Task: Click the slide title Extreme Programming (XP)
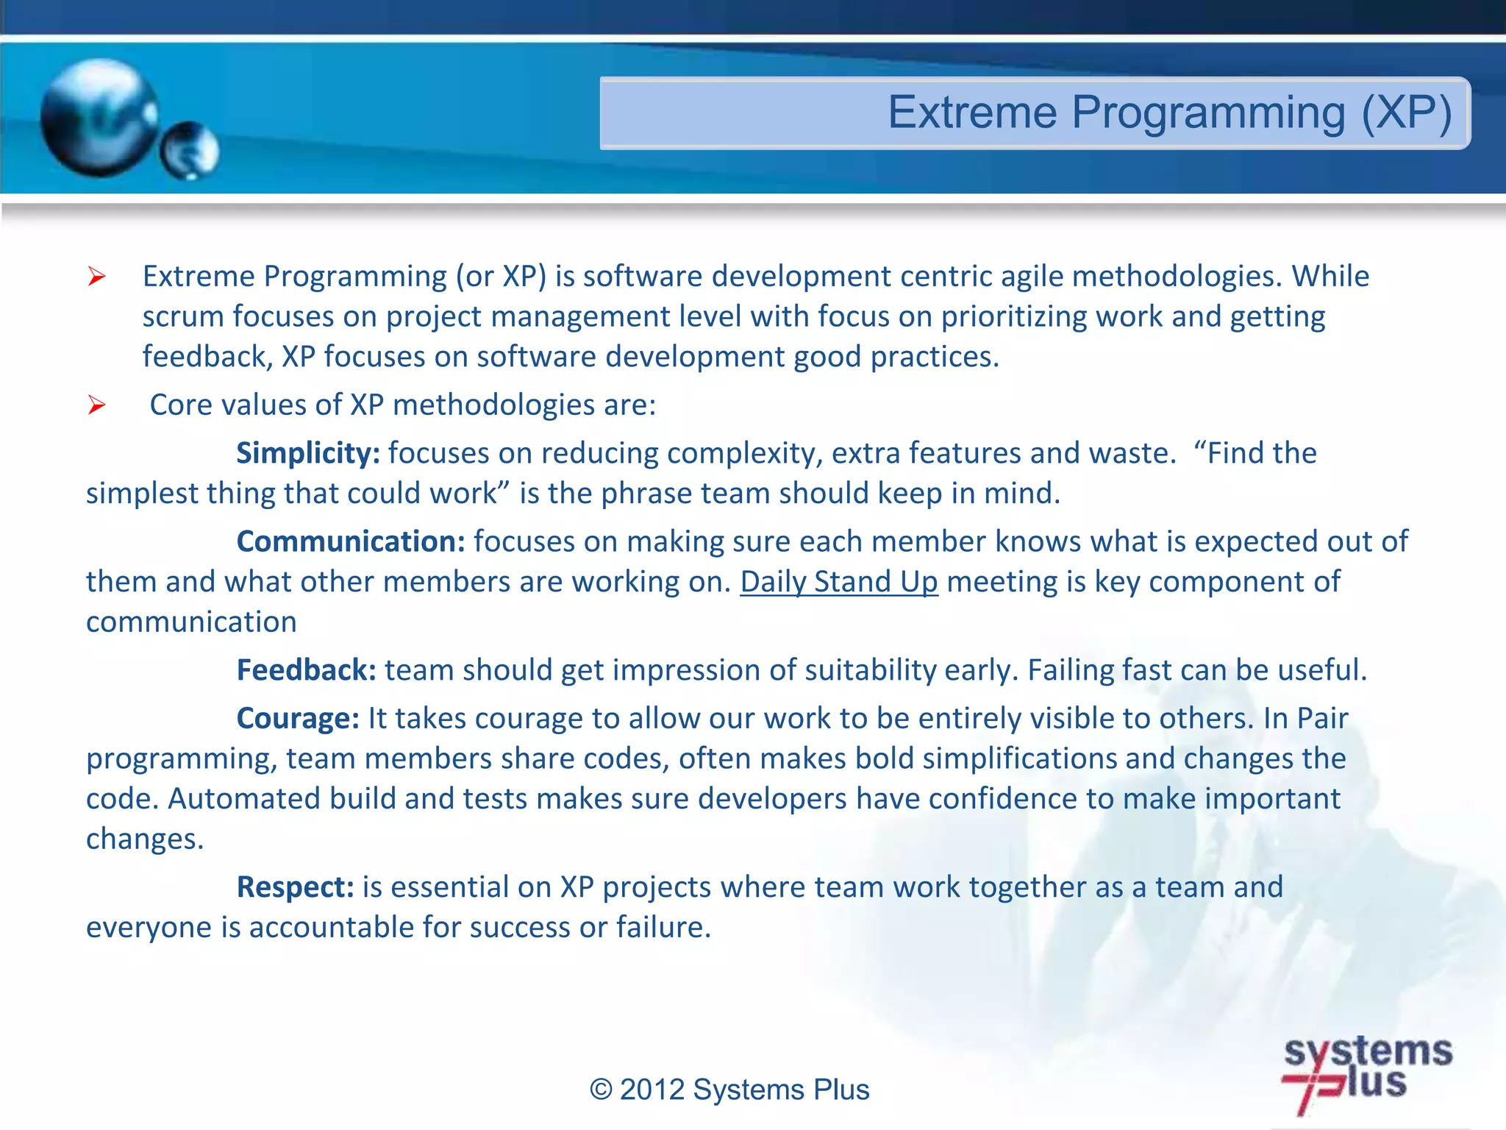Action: (1169, 113)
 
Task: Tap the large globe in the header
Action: (99, 118)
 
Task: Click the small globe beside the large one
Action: (190, 151)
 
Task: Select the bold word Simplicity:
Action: (307, 453)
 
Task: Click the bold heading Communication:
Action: (351, 541)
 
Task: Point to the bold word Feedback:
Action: (306, 670)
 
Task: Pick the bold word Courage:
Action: (298, 718)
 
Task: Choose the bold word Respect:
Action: (296, 887)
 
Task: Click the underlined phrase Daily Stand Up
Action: (838, 582)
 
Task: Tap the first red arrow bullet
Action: (96, 277)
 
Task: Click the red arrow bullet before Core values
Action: (96, 405)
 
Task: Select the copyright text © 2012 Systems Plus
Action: (729, 1090)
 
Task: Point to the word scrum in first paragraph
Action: (183, 317)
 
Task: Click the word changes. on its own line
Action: (144, 839)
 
